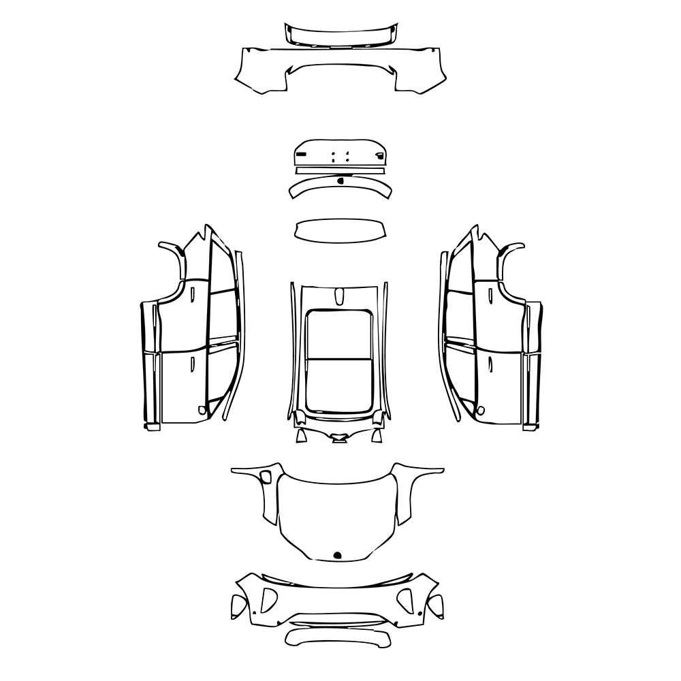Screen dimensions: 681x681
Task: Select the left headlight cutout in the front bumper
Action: (268, 599)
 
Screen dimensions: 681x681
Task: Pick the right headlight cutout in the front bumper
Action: (407, 599)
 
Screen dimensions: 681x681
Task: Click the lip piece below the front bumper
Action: (338, 637)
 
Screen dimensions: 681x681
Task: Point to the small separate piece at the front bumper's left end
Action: (238, 604)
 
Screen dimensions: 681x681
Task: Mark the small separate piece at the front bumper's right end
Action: (437, 604)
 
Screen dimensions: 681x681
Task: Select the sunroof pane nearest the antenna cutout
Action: (338, 334)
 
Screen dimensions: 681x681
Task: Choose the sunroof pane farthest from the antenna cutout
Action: (338, 385)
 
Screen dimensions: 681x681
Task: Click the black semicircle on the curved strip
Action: (340, 180)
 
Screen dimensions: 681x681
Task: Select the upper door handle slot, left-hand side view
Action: (193, 294)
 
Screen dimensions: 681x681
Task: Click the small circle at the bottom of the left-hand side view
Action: (201, 411)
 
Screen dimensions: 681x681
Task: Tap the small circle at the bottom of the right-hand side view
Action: (481, 411)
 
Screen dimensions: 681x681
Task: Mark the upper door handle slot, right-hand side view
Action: (488, 294)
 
